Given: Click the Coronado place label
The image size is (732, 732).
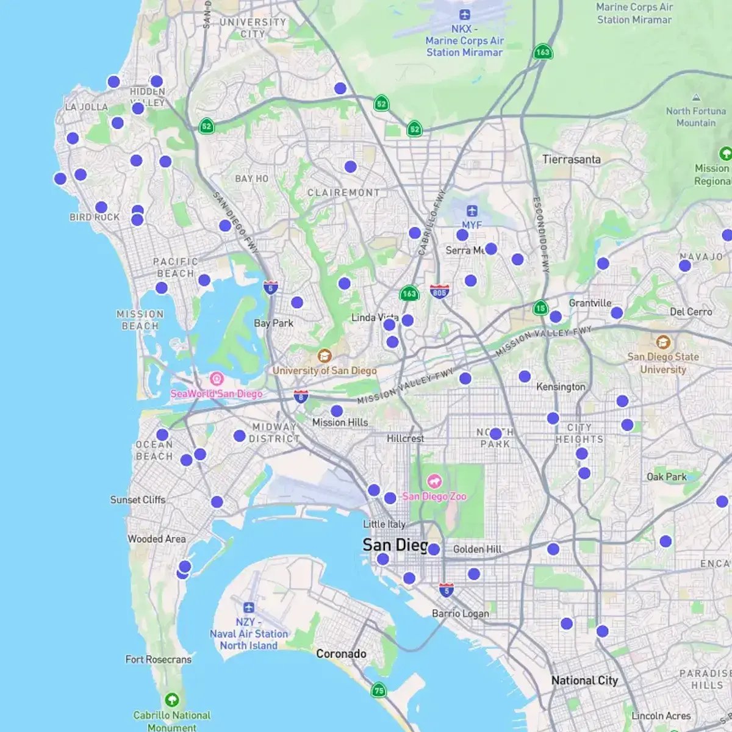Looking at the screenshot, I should pos(341,654).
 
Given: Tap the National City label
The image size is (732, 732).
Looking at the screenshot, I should pos(584,680).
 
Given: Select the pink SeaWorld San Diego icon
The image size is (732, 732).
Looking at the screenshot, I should pos(217,379).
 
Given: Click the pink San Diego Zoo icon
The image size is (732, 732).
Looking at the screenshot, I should pos(434,481).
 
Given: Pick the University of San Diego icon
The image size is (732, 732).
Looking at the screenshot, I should pos(325,356).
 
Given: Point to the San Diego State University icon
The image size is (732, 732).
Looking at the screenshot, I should pos(663,342).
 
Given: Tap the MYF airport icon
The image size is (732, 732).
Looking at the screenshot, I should pos(472,211).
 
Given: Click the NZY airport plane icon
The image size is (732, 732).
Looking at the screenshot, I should pos(248,608).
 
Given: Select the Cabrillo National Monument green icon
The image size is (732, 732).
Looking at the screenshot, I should pos(172,699).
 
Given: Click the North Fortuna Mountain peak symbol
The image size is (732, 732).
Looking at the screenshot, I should pos(696,98).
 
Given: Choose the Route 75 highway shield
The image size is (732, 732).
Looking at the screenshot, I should pos(379,691).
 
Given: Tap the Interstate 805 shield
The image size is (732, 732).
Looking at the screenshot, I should pos(439,291).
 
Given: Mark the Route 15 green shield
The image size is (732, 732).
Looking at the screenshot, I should pos(540,307).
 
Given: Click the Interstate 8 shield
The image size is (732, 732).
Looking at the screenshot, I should pos(301,396).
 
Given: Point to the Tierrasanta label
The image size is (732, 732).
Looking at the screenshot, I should pos(572,160).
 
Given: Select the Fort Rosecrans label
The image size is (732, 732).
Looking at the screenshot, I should pos(158,659).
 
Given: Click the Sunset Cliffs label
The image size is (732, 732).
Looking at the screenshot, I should pos(138,500).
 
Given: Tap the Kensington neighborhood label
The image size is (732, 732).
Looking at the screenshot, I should pos(561,387).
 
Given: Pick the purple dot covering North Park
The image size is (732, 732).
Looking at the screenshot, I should pos(495,434).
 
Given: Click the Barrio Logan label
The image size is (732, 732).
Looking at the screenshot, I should pos(461,613).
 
